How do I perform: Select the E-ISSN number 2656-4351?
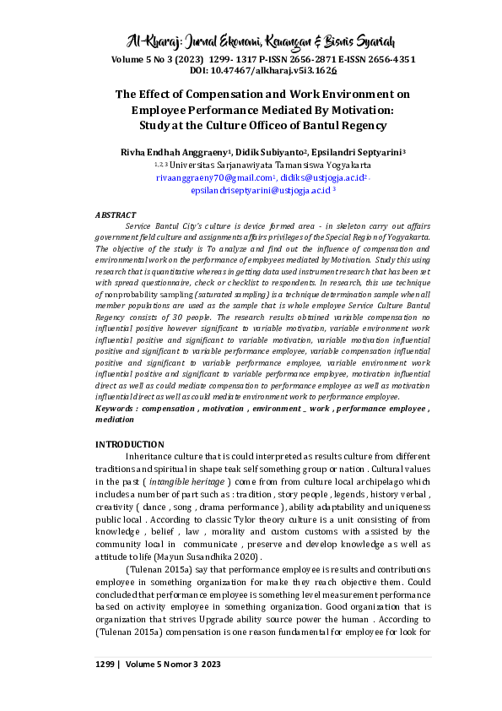click(x=386, y=61)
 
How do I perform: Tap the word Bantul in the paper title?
click(x=289, y=125)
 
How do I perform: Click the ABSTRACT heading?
click(x=116, y=216)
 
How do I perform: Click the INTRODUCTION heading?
click(x=129, y=444)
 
